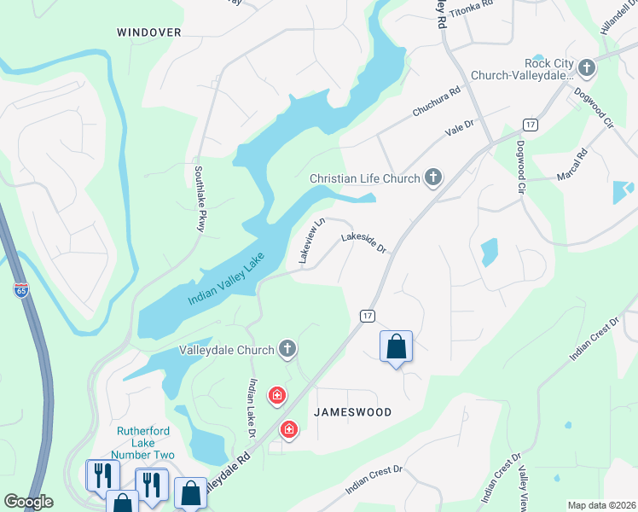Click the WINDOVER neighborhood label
[x=149, y=32]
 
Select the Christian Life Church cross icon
[x=433, y=178]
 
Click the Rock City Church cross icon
[x=586, y=67]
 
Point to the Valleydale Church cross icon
[x=288, y=349]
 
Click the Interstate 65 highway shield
[x=20, y=290]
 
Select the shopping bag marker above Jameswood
[x=396, y=346]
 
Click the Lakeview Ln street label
[x=309, y=240]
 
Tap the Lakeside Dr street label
[x=365, y=243]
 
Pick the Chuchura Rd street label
[x=436, y=101]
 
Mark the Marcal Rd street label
[x=573, y=167]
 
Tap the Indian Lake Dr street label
[x=252, y=408]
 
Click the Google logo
[x=28, y=502]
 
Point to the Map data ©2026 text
[x=602, y=505]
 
